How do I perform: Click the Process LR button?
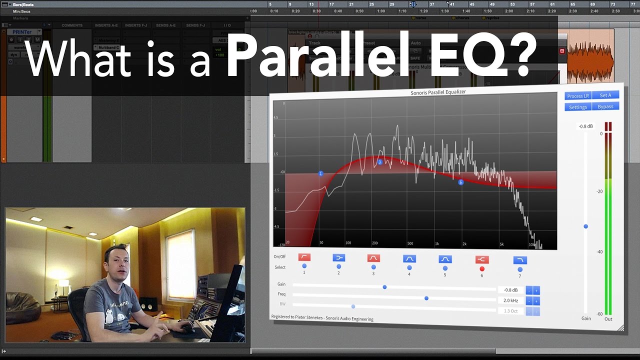click(578, 95)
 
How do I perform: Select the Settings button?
click(578, 107)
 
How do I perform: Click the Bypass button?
click(605, 106)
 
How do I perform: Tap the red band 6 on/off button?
click(481, 259)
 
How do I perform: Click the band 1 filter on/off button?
click(304, 257)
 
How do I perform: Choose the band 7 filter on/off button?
click(520, 260)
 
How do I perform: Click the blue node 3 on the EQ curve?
click(380, 162)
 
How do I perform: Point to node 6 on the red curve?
click(461, 182)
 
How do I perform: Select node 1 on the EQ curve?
click(321, 173)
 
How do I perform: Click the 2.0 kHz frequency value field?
click(510, 300)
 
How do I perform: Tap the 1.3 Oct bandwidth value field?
click(510, 311)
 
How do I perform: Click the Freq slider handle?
click(426, 298)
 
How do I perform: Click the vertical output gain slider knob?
click(586, 226)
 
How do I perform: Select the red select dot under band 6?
click(482, 269)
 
